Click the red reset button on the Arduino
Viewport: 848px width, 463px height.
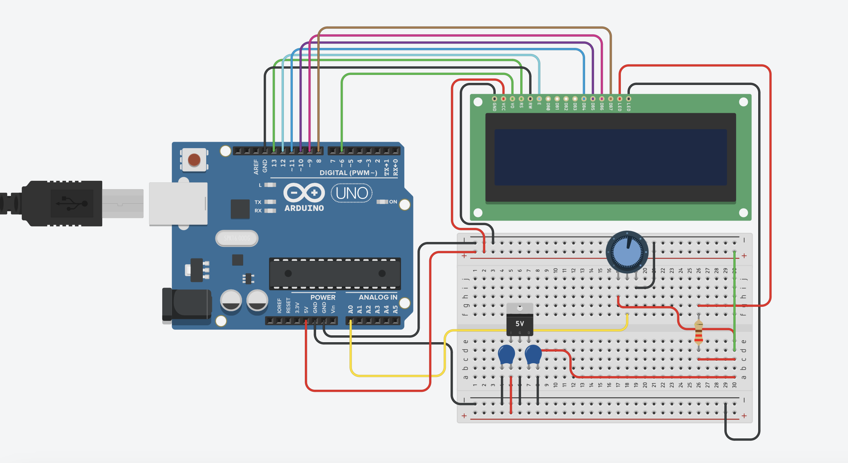[194, 160]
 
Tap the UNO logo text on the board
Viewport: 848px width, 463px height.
[352, 193]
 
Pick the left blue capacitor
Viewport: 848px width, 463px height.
[506, 355]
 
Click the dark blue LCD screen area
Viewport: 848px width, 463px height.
[610, 157]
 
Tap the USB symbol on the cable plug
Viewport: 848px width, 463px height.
[72, 203]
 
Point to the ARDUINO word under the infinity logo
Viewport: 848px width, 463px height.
[304, 208]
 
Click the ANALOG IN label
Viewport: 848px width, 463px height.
[378, 297]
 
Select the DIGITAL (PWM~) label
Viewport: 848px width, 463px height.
[348, 173]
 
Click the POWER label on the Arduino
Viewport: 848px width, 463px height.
[323, 297]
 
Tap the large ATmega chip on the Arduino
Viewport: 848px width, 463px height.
[335, 273]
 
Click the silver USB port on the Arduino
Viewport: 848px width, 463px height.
[178, 204]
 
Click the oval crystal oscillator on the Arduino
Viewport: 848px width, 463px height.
[237, 238]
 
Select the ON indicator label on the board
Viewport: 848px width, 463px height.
[393, 202]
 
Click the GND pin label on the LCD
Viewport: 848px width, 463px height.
[494, 107]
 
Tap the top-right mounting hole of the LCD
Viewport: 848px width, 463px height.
[743, 102]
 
